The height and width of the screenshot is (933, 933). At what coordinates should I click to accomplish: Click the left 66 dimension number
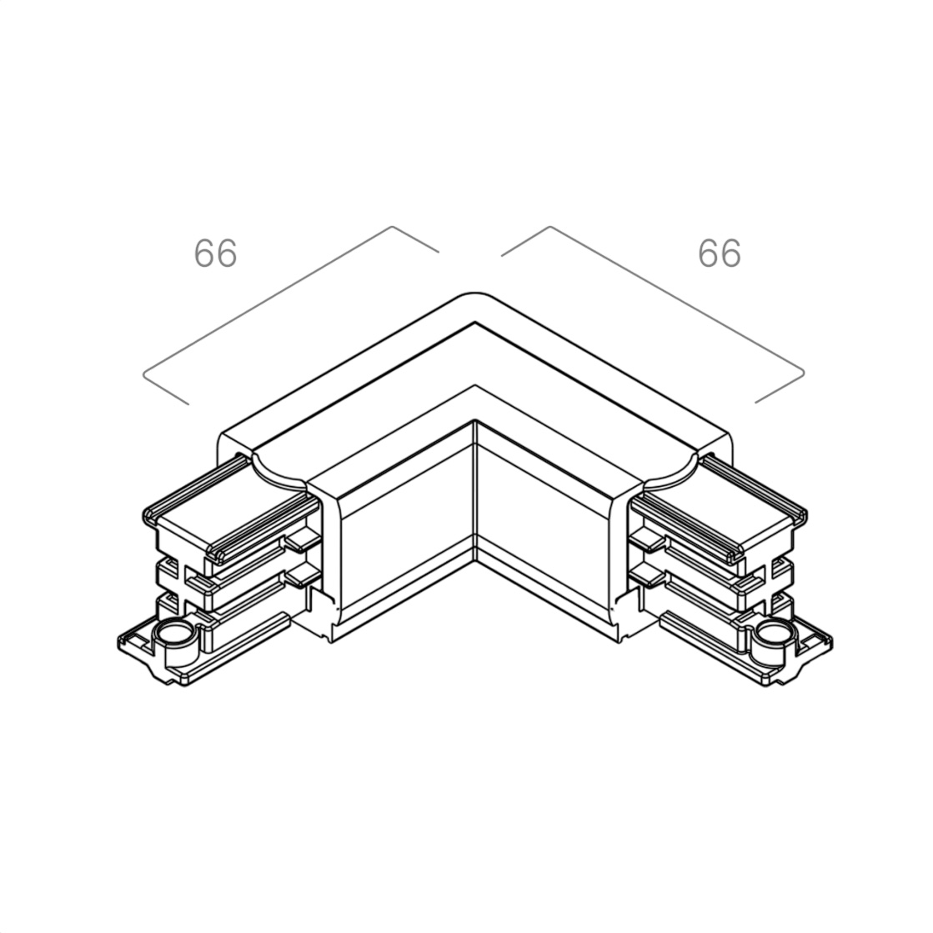tap(215, 253)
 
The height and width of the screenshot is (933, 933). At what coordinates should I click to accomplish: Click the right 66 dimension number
tap(720, 253)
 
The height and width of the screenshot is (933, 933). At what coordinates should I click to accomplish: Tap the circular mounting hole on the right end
tap(776, 634)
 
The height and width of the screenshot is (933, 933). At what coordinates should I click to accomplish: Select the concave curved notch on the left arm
tap(278, 473)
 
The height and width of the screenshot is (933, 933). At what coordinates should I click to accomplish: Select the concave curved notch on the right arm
tap(671, 473)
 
